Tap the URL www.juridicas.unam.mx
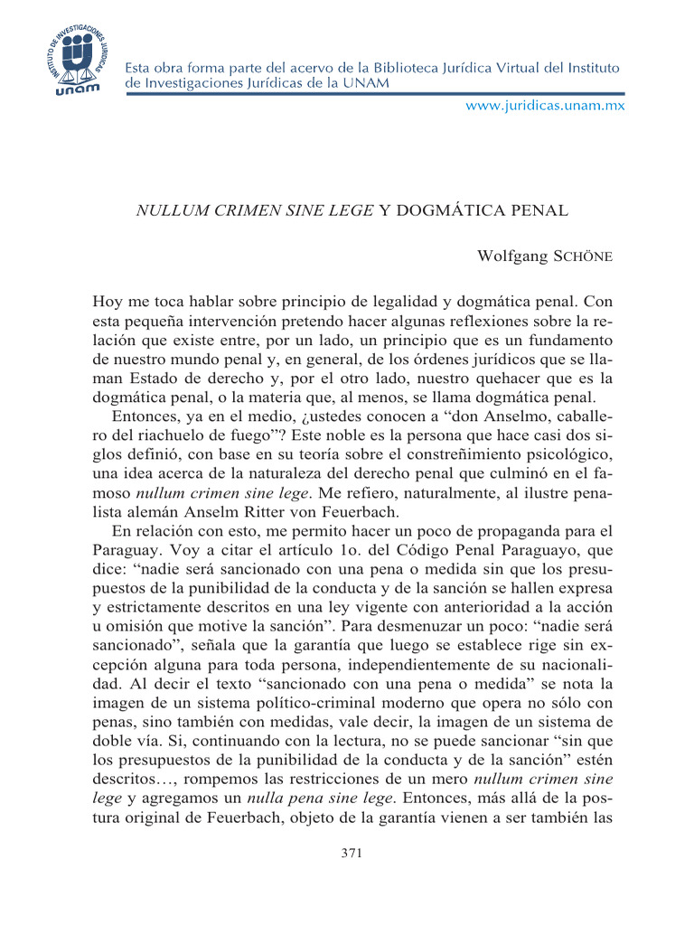(x=545, y=106)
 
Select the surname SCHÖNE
(x=584, y=257)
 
